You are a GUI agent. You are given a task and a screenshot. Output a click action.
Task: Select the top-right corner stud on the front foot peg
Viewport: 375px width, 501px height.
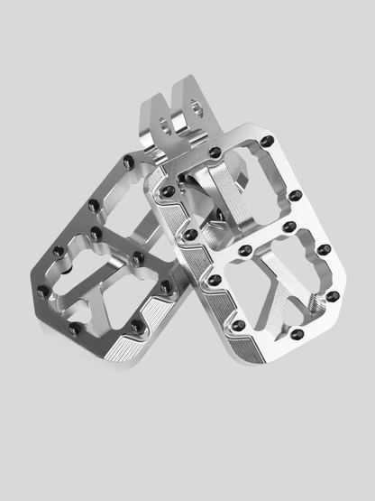point(267,142)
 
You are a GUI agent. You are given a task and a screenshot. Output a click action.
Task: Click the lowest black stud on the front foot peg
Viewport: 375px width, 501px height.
point(238,325)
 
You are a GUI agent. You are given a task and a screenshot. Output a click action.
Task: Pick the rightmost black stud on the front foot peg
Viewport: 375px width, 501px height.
point(333,296)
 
